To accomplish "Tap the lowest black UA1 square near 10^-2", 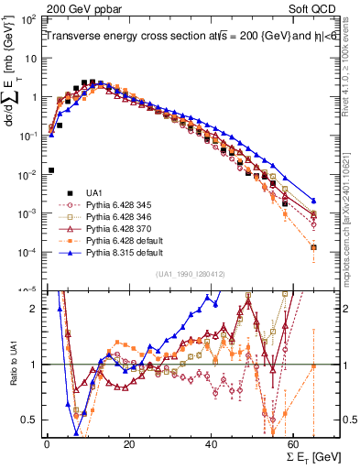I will (x=51, y=169).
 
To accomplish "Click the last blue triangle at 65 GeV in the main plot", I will (x=313, y=201).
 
